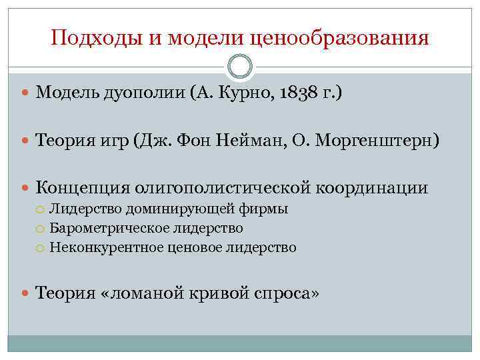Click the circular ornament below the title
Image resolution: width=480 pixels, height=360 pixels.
pyautogui.click(x=240, y=66)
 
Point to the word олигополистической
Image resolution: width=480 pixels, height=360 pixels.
pyautogui.click(x=223, y=189)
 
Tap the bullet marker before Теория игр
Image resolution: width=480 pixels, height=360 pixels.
pyautogui.click(x=26, y=141)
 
